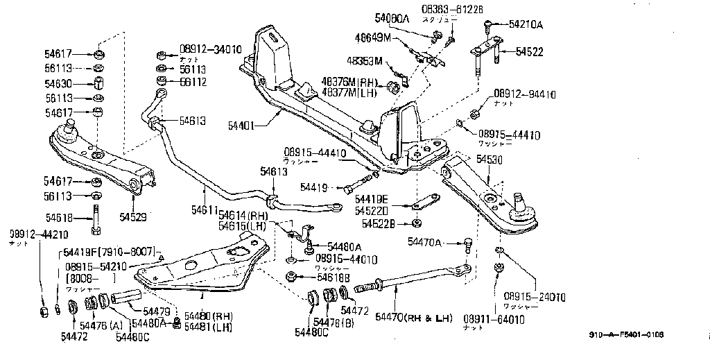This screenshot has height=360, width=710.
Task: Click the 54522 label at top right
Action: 528,52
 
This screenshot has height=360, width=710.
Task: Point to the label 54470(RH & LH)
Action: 413,318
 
